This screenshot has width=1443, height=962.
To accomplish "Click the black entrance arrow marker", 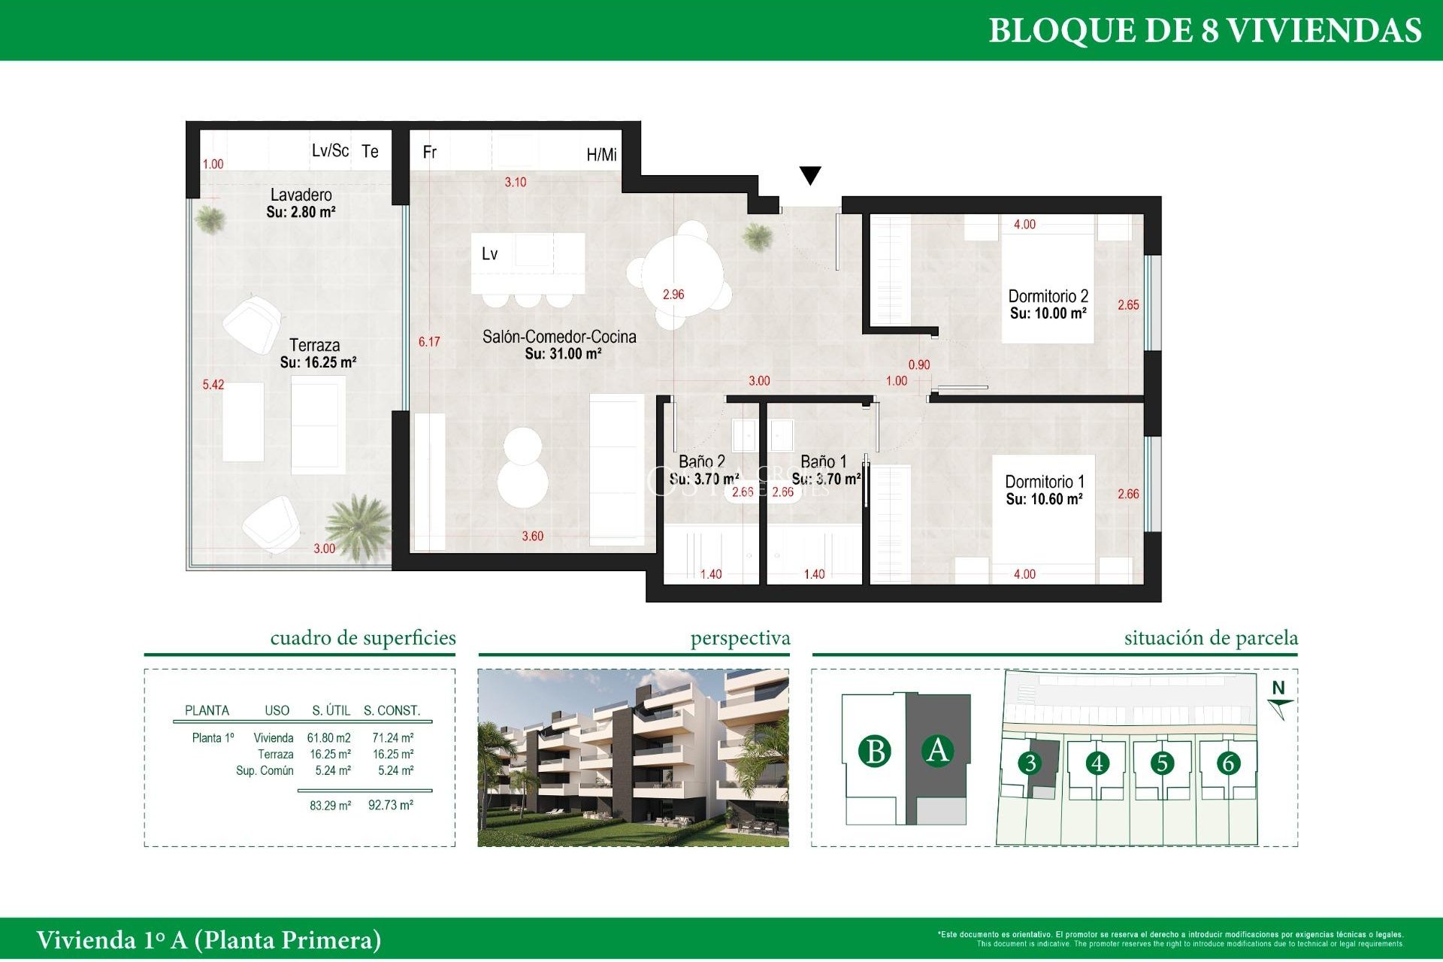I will (x=809, y=175).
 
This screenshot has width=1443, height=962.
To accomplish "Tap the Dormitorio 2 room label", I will (x=1048, y=297).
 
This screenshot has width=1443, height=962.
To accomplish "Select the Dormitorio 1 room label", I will (x=1044, y=482).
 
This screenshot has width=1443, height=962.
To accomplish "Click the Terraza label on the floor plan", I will (x=315, y=346).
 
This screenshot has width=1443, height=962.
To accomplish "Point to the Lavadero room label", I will (x=301, y=195).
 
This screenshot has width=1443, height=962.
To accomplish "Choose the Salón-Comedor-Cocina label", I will (x=559, y=337).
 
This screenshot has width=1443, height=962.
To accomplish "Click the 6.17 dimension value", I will (x=429, y=342).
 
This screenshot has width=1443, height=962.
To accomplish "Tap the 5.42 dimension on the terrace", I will (x=213, y=385).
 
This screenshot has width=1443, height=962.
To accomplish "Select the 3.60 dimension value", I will (x=532, y=537).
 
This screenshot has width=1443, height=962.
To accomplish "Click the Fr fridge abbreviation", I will (x=429, y=153).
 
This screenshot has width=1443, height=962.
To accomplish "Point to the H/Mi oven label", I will (x=601, y=155).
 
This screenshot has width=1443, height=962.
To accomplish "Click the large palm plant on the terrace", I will (x=358, y=526).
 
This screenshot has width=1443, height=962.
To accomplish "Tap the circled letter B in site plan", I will (x=875, y=752).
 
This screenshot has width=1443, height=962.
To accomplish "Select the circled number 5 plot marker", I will (x=1162, y=764).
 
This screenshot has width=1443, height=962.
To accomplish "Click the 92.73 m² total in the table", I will (x=391, y=806).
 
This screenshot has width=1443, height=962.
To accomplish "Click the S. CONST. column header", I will (x=392, y=711).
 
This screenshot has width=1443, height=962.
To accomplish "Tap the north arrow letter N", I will (x=1278, y=688).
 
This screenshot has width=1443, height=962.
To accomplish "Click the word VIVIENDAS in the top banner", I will (x=1324, y=31).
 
